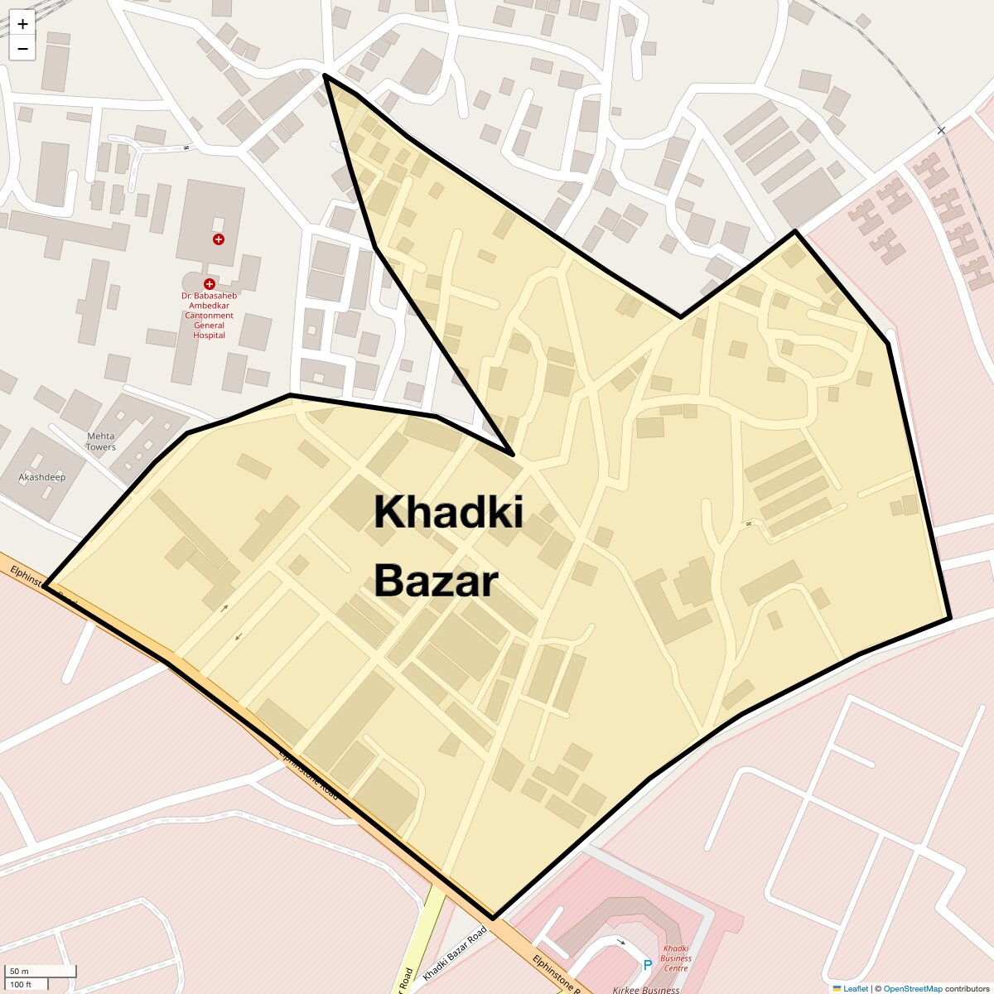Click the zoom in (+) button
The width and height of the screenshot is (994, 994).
point(22,24)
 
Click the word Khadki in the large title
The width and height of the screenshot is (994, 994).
point(448,512)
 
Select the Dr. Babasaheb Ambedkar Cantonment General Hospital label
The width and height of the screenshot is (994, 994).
point(209,315)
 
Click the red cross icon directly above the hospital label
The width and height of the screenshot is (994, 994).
point(210,284)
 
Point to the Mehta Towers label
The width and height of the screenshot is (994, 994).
point(101,442)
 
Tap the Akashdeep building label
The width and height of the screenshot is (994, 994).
point(42,477)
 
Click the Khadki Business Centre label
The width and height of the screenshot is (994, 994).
point(676,958)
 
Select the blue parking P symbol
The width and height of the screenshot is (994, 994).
point(648,964)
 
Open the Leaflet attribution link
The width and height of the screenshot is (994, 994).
point(856,988)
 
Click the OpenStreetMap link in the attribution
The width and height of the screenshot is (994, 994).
point(913,988)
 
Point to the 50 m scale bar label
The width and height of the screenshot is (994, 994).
point(19,971)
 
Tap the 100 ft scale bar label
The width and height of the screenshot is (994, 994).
point(21,984)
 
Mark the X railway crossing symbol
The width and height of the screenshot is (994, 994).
point(941,131)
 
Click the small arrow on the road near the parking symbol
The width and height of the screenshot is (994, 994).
point(621,943)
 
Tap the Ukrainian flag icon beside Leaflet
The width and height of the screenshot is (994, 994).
point(837,988)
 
